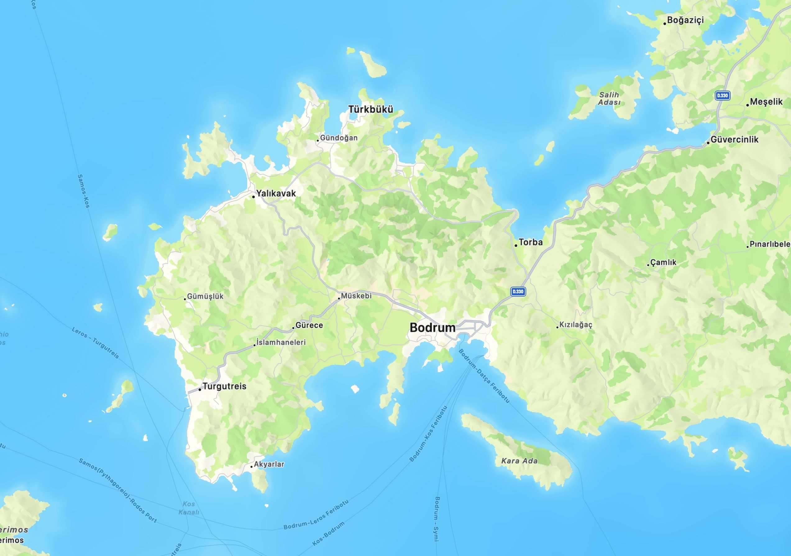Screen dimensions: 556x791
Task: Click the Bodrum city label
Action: coord(432,328)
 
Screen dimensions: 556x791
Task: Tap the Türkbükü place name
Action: coord(370,110)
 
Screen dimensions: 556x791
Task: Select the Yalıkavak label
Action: coord(276,193)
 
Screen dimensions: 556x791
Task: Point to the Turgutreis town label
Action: coord(224,386)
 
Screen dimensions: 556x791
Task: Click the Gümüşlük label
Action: coord(205,296)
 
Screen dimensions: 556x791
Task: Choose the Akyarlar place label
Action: coord(269,464)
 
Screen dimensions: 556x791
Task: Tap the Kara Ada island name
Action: coord(519,461)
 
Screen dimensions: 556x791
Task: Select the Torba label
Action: coord(531,242)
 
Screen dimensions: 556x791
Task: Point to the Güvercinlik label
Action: coord(734,139)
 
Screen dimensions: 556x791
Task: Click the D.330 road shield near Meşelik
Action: coord(722,95)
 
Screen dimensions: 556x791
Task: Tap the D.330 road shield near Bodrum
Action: coord(518,291)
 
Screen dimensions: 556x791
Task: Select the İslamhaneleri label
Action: coord(281,342)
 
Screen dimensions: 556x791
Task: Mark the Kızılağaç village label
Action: coord(576,325)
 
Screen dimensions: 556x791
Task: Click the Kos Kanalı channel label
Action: coord(189,508)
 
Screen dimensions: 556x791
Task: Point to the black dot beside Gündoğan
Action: coord(318,140)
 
